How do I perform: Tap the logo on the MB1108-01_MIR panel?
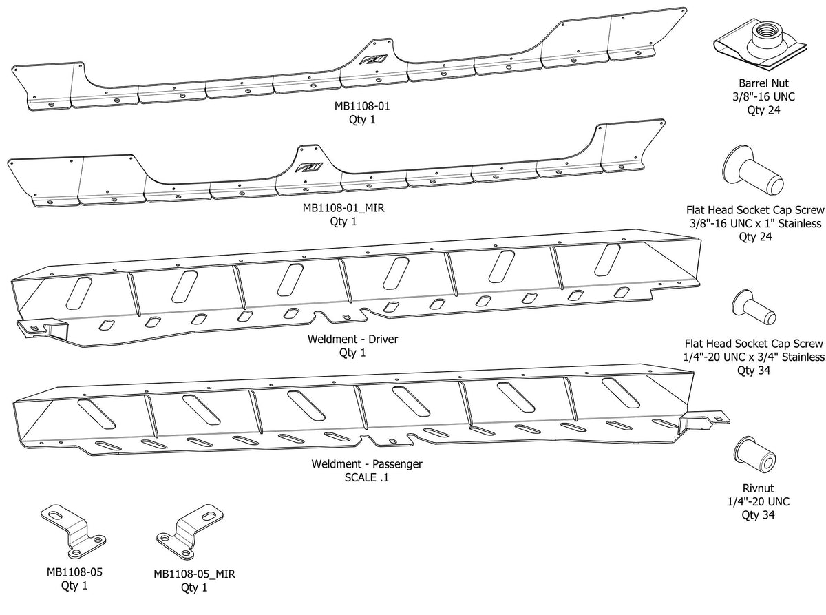[306, 166]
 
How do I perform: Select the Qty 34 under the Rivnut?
[755, 514]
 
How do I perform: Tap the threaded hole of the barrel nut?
[765, 30]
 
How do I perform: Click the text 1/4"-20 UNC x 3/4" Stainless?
[754, 357]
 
